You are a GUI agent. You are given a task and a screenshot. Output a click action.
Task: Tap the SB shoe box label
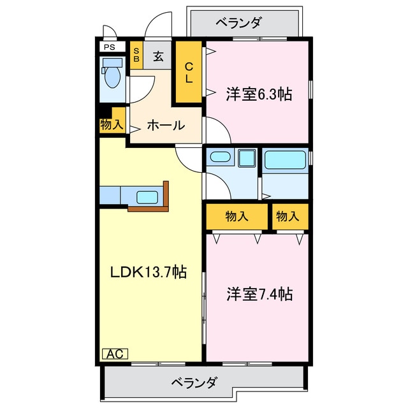coord(136,54)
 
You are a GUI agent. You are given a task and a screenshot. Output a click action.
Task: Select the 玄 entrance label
coord(158,56)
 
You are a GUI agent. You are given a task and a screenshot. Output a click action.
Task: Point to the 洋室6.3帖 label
coord(259,95)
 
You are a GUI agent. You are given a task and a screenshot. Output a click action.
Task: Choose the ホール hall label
coord(166,125)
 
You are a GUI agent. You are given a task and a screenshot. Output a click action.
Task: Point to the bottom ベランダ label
coord(194,383)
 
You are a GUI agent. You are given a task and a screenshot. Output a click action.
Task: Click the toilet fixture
coord(112,74)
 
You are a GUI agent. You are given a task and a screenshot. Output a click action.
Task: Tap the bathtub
coord(286,160)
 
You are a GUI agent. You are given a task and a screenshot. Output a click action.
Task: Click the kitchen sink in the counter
coord(147,197)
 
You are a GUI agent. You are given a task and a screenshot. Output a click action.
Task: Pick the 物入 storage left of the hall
coord(112,124)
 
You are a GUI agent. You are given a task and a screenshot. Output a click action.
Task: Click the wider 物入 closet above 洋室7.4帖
coord(237,217)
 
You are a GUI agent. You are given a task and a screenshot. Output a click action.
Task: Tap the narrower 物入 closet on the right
coord(288,217)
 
